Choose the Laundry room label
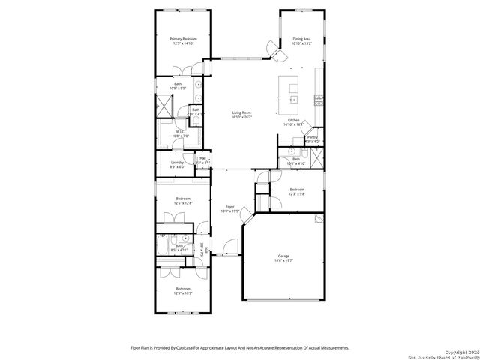point(177,163)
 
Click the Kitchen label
point(294,121)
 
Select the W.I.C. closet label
point(178,133)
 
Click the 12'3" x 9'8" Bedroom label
point(298,191)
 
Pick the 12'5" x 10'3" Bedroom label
point(184,290)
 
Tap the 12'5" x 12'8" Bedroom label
point(184,199)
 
